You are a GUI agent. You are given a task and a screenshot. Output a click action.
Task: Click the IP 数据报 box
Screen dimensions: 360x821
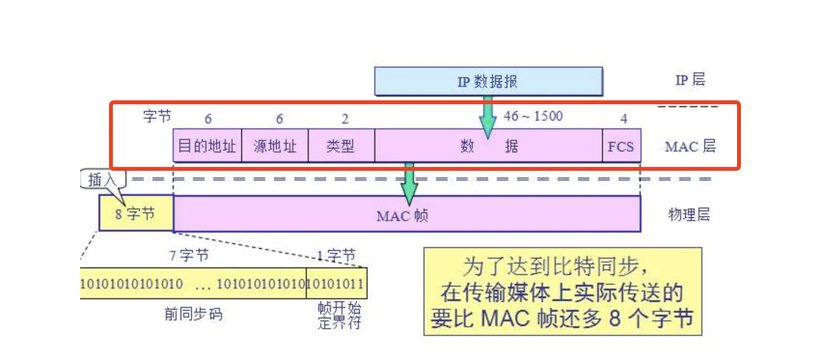[x=488, y=82]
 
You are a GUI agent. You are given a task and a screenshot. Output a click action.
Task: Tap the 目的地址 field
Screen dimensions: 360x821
[x=207, y=146]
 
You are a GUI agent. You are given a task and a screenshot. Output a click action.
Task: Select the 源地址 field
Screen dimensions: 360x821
[x=274, y=146]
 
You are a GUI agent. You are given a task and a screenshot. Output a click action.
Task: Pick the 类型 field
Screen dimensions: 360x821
[x=341, y=146]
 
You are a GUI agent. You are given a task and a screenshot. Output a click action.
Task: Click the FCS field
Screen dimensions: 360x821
[x=621, y=146]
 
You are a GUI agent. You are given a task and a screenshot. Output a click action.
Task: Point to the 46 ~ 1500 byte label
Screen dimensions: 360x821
[x=533, y=116]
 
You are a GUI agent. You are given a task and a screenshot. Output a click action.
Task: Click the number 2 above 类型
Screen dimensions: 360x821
[x=345, y=119]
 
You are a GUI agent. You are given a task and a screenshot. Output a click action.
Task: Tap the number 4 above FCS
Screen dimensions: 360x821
[x=624, y=119]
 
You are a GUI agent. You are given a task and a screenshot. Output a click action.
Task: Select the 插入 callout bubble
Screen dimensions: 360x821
[x=102, y=180]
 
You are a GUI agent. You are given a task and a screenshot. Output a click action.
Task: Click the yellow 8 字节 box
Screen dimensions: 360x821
[x=136, y=213]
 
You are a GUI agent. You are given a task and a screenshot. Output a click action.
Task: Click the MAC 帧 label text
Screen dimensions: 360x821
[x=402, y=216]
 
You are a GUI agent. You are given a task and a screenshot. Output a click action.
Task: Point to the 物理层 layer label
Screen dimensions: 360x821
[x=689, y=214]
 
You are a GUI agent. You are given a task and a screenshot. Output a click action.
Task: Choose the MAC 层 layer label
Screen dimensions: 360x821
[x=690, y=146]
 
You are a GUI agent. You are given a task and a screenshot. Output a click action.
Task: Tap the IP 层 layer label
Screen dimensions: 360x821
[x=690, y=80]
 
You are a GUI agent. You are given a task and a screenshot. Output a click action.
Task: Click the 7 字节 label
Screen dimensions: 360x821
[x=189, y=255]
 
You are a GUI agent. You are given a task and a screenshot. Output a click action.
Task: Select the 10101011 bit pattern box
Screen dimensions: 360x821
[x=336, y=284]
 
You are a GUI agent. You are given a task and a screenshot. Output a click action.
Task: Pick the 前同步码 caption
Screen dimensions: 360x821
[x=193, y=314]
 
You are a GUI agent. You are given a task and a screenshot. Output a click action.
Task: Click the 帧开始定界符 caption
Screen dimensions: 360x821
[x=339, y=315]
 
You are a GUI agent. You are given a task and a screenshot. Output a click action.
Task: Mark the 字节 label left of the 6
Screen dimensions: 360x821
[x=157, y=116]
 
